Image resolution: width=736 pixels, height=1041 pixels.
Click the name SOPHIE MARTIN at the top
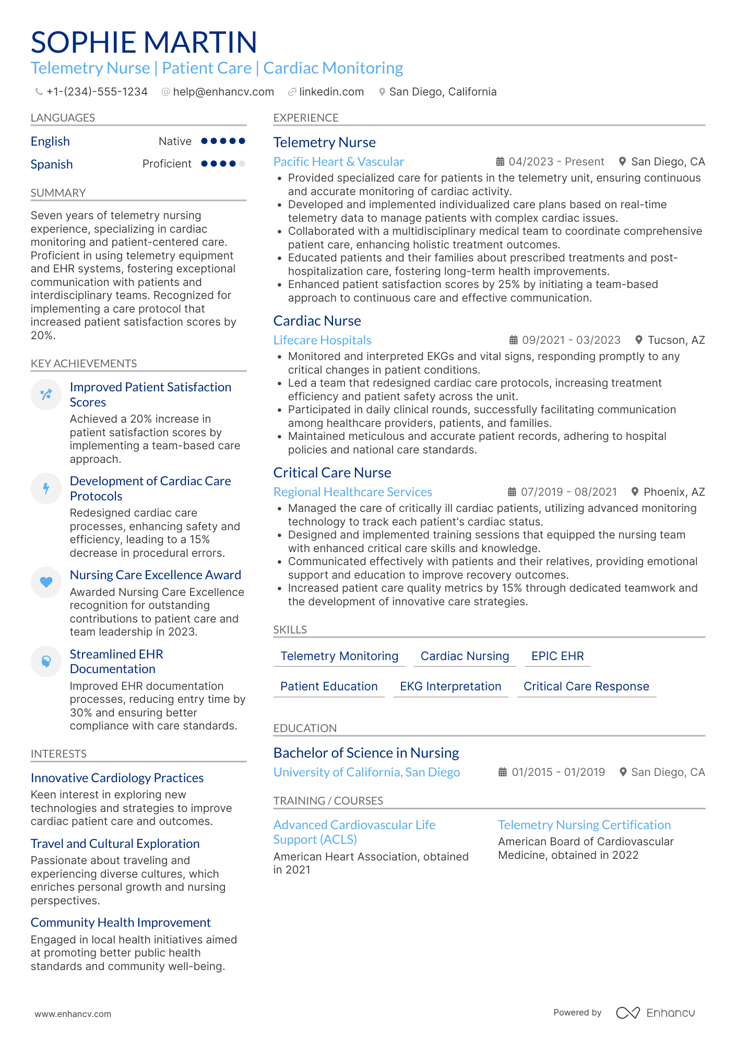coord(144,42)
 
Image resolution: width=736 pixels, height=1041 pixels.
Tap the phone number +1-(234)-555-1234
coord(97,92)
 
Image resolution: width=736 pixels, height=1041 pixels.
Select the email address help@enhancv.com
coord(223,92)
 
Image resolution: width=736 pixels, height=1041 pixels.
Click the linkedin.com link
coord(331,92)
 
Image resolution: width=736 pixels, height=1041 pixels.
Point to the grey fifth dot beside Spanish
coord(242,164)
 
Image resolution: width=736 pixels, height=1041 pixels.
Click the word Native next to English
coord(175,141)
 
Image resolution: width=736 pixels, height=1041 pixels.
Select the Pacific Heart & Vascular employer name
coord(338,162)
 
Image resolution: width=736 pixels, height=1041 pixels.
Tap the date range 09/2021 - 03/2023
coord(571,340)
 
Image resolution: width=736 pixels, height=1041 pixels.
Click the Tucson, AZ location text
coord(676,340)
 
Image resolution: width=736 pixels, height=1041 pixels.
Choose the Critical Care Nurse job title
coord(332,473)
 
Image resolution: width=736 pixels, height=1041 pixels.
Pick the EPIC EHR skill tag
coord(557,656)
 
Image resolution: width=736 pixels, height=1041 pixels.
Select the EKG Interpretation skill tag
coord(450,686)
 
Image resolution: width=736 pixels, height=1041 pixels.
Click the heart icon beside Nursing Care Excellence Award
coord(46,582)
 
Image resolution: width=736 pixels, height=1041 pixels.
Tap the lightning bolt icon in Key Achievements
coord(46,488)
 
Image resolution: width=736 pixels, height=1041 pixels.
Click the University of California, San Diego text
coord(366,772)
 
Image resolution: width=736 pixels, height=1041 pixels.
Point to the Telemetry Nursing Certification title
coord(584,825)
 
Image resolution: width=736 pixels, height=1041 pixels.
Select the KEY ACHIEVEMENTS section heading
coord(84,364)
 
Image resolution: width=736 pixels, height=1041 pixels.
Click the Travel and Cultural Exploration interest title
coord(115,844)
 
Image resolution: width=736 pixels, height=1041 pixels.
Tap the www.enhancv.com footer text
coord(73,1014)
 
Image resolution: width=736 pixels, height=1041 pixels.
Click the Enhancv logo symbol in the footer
coord(627,1013)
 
